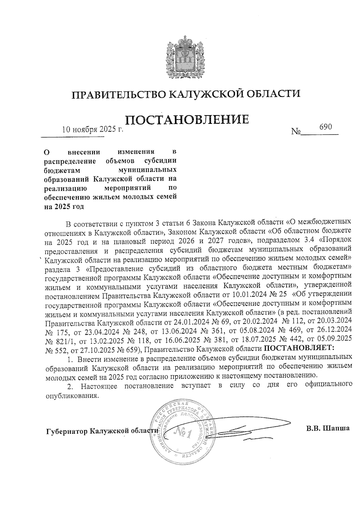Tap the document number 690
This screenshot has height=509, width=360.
325,127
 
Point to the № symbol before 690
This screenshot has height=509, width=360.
296,132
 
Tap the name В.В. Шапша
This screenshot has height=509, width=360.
328,428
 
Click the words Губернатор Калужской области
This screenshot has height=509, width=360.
102,431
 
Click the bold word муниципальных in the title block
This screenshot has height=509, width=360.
147,170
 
